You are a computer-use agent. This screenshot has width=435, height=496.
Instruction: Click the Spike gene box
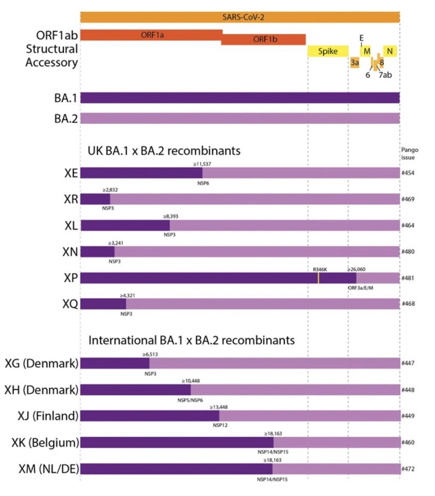[x=328, y=52]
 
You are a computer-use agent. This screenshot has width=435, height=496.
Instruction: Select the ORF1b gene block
[x=263, y=40]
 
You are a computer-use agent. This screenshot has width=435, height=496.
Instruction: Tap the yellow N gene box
[x=390, y=51]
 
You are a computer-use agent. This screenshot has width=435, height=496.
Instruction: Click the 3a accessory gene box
[x=355, y=63]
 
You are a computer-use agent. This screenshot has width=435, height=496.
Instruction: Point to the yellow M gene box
[x=367, y=51]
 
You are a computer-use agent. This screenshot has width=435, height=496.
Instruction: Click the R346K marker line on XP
[x=318, y=278]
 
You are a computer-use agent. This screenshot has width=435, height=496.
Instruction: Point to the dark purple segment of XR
[x=95, y=199]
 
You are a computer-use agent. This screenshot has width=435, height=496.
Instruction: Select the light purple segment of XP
[x=377, y=278]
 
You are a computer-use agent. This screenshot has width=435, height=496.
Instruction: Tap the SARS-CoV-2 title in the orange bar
[x=240, y=17]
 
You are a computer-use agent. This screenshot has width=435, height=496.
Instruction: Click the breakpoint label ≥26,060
[x=356, y=268]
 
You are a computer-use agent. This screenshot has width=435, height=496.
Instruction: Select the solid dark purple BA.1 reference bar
[x=240, y=98]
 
